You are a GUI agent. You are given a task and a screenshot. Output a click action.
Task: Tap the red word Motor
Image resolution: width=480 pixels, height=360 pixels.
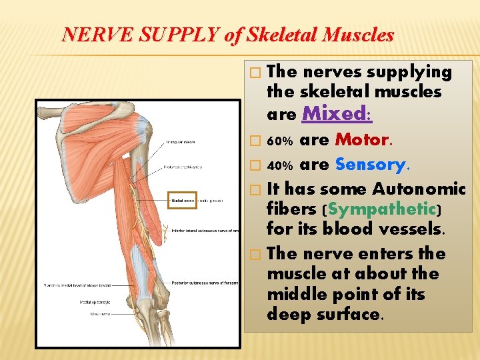coord(362,140)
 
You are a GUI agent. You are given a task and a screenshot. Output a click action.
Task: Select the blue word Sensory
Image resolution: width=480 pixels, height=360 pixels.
coord(371,164)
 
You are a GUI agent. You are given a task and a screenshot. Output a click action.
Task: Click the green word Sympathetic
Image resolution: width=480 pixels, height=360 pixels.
coord(382,209)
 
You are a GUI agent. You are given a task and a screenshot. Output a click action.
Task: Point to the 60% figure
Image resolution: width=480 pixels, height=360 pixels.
coord(279,141)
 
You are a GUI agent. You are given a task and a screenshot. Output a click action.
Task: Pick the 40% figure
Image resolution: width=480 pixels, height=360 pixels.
coord(279,165)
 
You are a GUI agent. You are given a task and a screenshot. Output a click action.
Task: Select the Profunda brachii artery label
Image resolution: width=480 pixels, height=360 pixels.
coord(183,167)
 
